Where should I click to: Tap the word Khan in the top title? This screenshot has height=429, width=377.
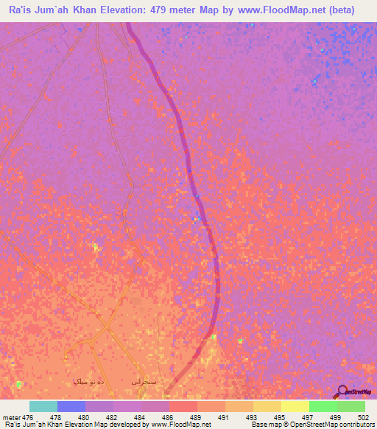click(81, 10)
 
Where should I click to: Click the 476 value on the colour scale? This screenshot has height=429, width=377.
click(29, 417)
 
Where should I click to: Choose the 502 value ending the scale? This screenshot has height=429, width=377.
click(364, 417)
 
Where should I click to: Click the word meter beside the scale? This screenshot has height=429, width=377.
click(11, 417)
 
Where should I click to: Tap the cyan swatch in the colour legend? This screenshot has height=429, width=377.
click(43, 406)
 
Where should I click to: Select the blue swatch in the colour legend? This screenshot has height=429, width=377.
click(71, 406)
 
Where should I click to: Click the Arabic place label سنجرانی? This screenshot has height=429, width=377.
click(144, 382)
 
